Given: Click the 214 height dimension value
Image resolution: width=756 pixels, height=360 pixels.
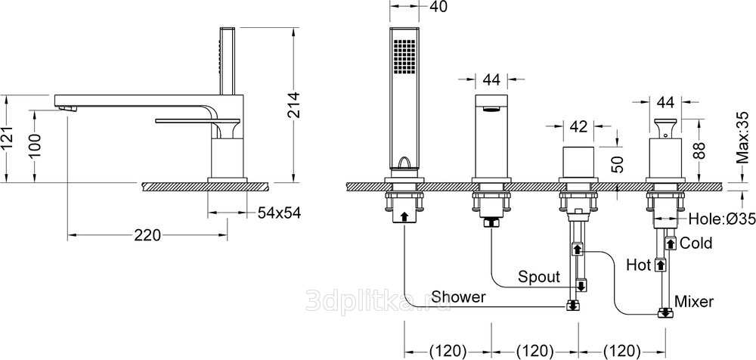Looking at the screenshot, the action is (x=294, y=104).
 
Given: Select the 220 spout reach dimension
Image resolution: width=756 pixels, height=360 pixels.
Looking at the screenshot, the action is (x=147, y=235).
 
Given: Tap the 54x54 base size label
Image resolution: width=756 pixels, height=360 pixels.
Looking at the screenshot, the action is (x=279, y=213).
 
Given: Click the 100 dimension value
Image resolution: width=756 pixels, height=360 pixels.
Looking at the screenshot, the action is (x=35, y=144).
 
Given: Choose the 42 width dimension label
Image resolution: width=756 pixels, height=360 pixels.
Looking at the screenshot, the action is (x=578, y=126).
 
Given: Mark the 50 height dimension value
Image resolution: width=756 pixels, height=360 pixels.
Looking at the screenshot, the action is (x=617, y=164).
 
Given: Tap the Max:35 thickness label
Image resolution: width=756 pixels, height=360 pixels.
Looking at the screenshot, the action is (x=743, y=138).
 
